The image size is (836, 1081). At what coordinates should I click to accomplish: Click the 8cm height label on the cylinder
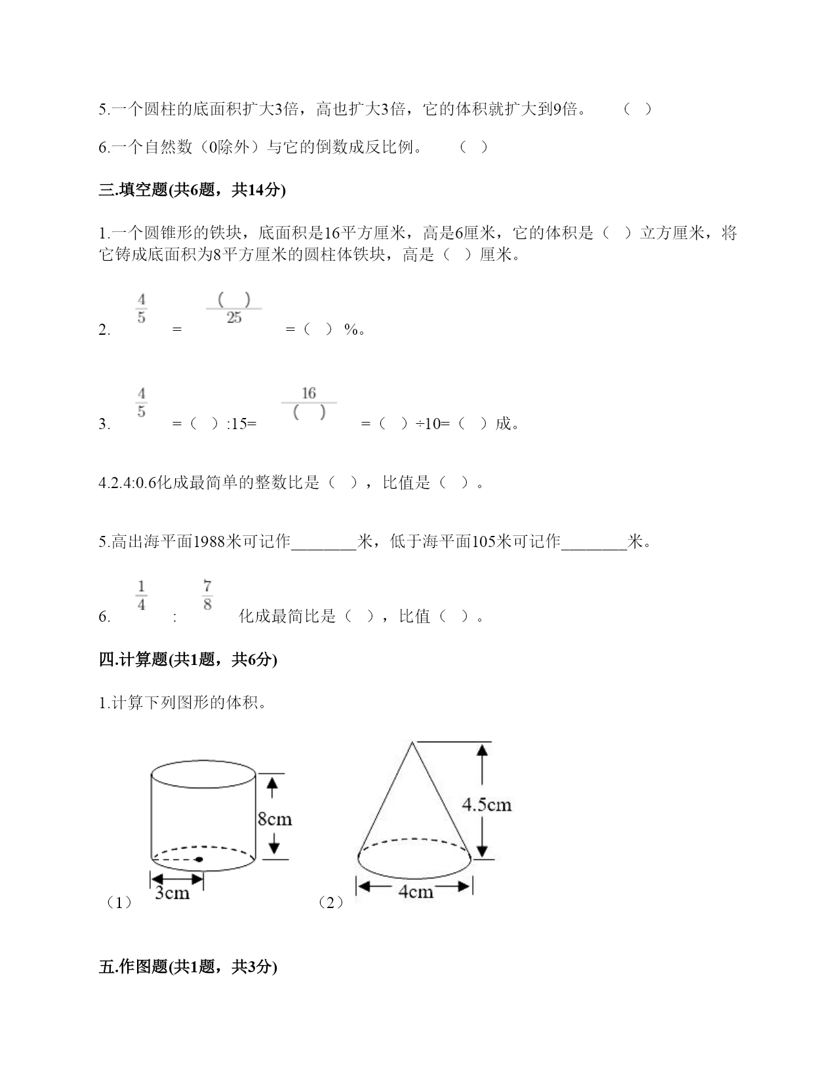pyautogui.click(x=274, y=819)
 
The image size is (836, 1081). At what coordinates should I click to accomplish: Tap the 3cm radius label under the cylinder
pyautogui.click(x=172, y=894)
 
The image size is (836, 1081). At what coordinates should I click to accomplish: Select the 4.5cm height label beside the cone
pyautogui.click(x=487, y=805)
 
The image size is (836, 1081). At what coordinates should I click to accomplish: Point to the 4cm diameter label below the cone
pyautogui.click(x=415, y=892)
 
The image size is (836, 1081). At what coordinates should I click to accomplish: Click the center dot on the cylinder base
pyautogui.click(x=199, y=859)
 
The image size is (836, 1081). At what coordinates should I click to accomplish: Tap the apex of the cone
pyautogui.click(x=412, y=742)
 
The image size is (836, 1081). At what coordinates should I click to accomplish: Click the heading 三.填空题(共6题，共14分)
pyautogui.click(x=192, y=190)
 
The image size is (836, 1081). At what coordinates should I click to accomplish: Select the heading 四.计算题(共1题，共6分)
pyautogui.click(x=188, y=660)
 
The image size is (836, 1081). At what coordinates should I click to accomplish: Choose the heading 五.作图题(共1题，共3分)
pyautogui.click(x=188, y=966)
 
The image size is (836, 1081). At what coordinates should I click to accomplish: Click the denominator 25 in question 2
pyautogui.click(x=234, y=318)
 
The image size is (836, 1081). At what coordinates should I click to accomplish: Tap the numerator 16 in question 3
pyautogui.click(x=309, y=393)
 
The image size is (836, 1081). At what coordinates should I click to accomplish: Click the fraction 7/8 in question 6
pyautogui.click(x=207, y=595)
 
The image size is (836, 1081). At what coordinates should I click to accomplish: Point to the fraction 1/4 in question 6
pyautogui.click(x=142, y=595)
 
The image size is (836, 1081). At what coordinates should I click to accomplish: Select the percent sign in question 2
pyautogui.click(x=351, y=330)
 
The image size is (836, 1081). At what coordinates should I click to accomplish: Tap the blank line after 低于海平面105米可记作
pyautogui.click(x=594, y=543)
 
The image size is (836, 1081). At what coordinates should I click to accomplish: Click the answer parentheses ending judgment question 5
pyautogui.click(x=637, y=109)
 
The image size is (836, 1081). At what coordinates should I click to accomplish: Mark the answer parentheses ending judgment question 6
pyautogui.click(x=473, y=147)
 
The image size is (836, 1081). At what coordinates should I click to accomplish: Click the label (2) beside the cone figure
pyautogui.click(x=330, y=903)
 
